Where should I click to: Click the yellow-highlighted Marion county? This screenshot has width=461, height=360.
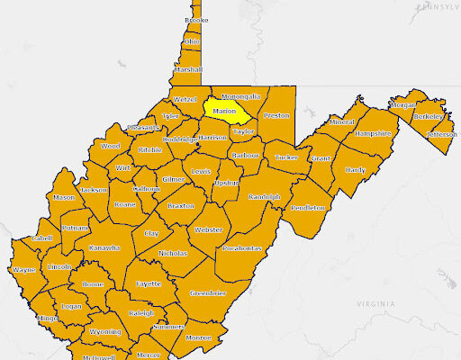[x=225, y=111]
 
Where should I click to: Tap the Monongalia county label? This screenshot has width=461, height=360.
[x=240, y=95]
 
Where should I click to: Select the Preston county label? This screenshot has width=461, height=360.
[x=276, y=115]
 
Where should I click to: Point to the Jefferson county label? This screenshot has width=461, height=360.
[x=442, y=134]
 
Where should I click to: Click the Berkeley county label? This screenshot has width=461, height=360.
[x=429, y=117]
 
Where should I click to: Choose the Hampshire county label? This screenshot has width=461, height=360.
[x=374, y=133]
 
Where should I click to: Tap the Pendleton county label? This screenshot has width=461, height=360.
[x=308, y=208]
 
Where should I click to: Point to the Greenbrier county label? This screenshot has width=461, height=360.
[x=208, y=293]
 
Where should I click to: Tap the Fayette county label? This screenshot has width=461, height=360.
[x=149, y=283]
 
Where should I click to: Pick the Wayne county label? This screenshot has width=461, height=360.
[x=24, y=269]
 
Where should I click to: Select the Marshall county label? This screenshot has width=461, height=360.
[x=188, y=69]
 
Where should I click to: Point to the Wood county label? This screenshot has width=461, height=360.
[x=110, y=146]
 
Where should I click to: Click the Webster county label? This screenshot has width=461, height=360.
[x=208, y=230]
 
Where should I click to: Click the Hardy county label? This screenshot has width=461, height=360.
[x=356, y=169]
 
